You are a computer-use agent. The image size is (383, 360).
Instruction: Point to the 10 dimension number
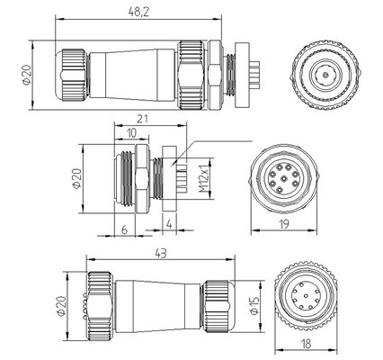pos(132,133)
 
